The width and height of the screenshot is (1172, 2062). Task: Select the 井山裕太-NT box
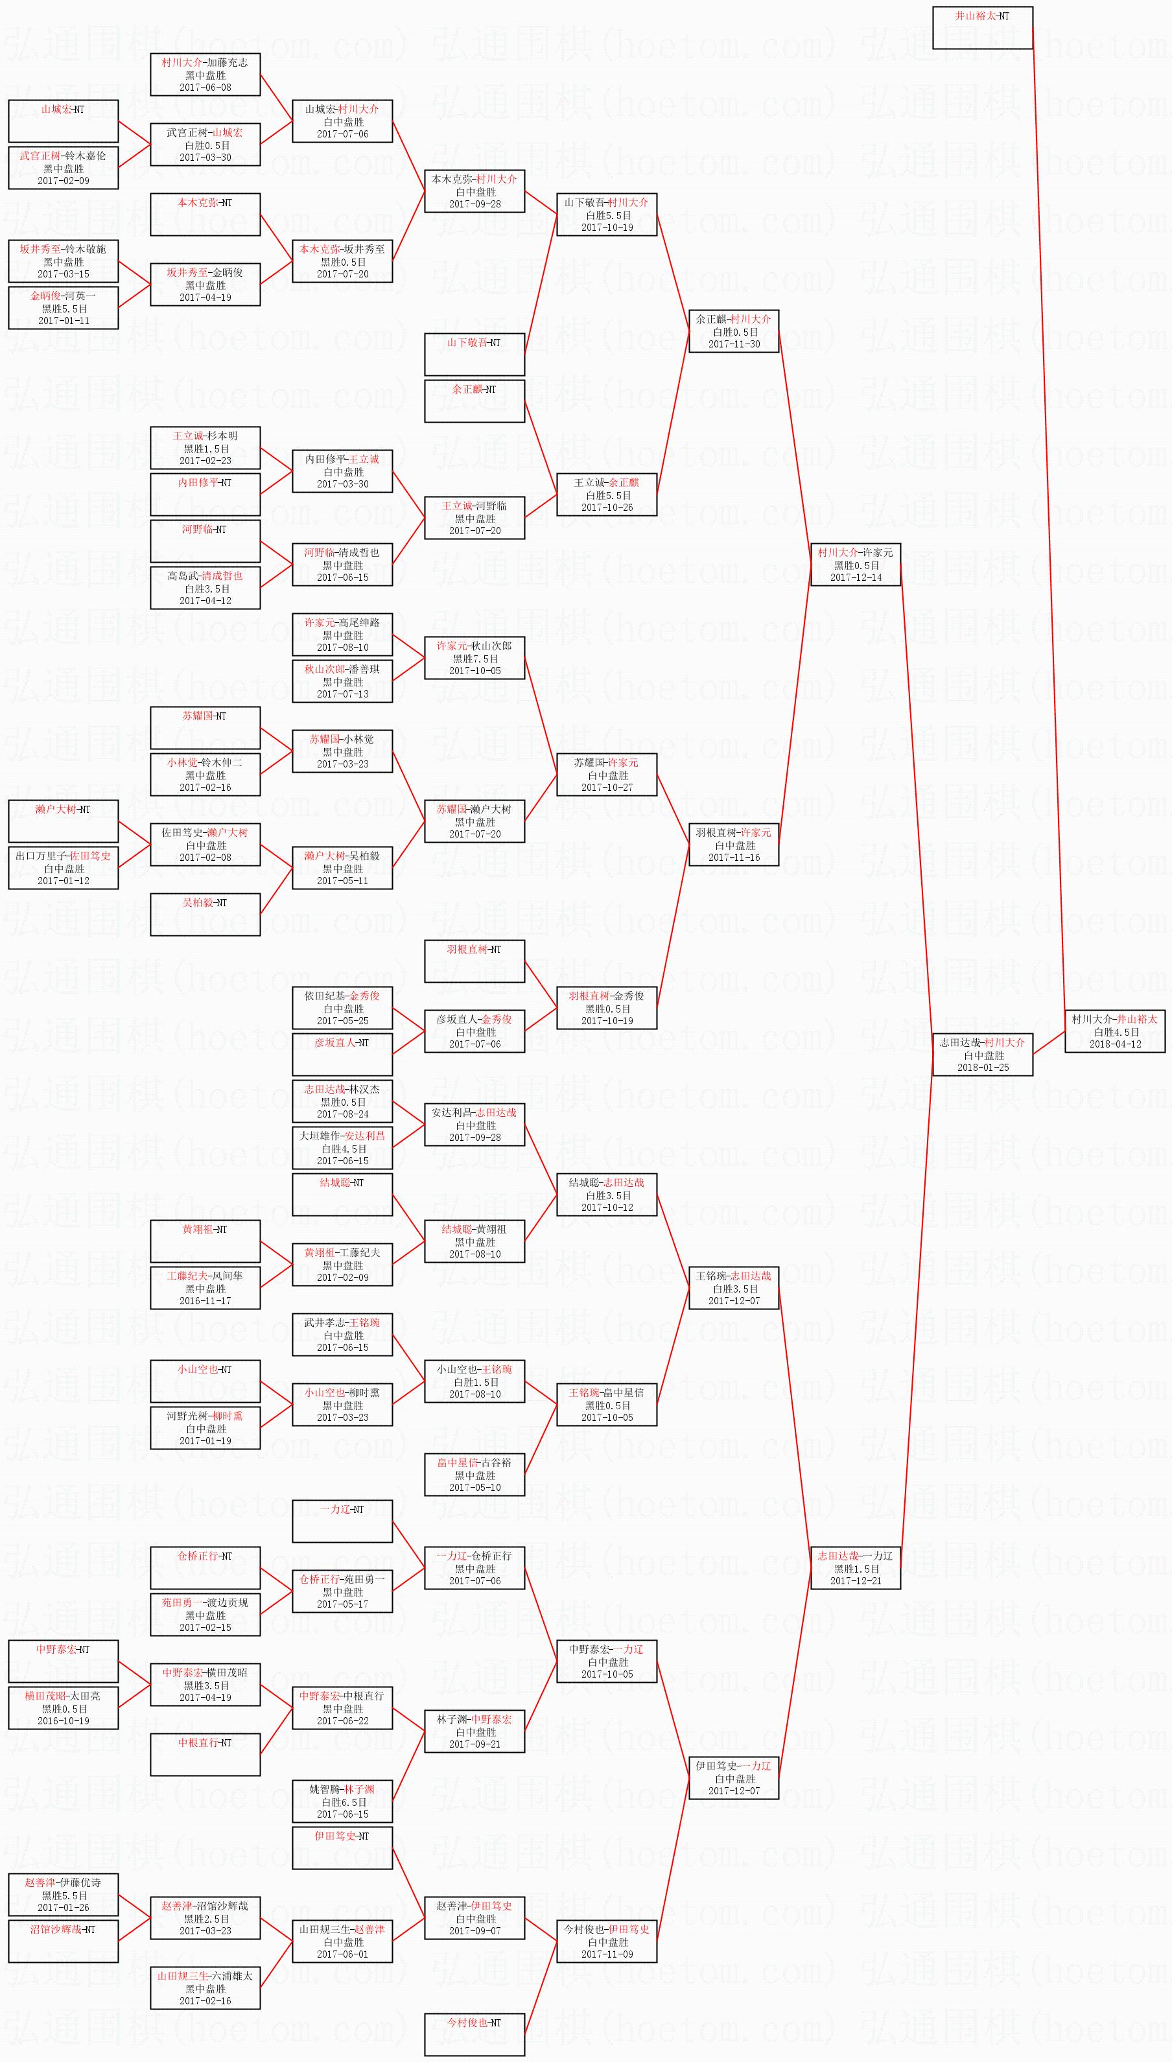[982, 28]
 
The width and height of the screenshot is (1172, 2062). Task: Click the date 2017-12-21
[855, 1581]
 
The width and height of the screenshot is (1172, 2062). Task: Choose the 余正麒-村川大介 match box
[733, 331]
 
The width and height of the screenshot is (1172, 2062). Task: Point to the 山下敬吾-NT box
[474, 354]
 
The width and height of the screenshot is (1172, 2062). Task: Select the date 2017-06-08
[205, 88]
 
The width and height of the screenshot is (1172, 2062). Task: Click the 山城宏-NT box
[64, 121]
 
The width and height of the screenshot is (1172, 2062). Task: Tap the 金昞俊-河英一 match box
[64, 307]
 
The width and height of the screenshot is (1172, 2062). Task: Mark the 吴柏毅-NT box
[205, 914]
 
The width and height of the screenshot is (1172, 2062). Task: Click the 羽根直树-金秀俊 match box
[606, 1007]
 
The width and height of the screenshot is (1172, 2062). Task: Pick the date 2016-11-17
[205, 1300]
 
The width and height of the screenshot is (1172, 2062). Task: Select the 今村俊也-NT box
[474, 2034]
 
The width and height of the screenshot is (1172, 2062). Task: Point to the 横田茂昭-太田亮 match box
[64, 1708]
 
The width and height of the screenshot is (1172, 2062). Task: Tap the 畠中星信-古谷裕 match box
[474, 1475]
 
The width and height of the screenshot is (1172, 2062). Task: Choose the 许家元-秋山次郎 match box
[474, 657]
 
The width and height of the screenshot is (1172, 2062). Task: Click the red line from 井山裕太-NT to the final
[1049, 523]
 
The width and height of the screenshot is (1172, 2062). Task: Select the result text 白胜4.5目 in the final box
[1116, 1032]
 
